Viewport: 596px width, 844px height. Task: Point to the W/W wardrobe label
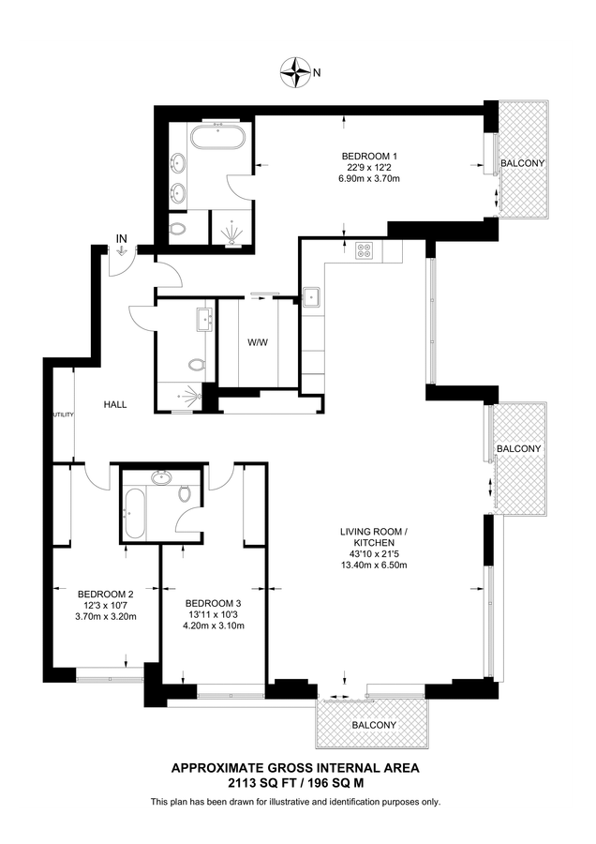258,342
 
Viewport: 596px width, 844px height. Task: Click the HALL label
115,404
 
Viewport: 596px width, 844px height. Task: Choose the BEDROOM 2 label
106,593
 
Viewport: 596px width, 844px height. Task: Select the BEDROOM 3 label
214,602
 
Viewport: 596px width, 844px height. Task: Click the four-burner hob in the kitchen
365,250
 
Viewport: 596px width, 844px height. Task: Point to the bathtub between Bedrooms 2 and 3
134,514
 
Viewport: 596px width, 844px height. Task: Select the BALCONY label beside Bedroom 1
522,163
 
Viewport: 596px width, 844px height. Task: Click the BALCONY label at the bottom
374,725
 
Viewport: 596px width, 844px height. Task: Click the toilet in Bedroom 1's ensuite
176,228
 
